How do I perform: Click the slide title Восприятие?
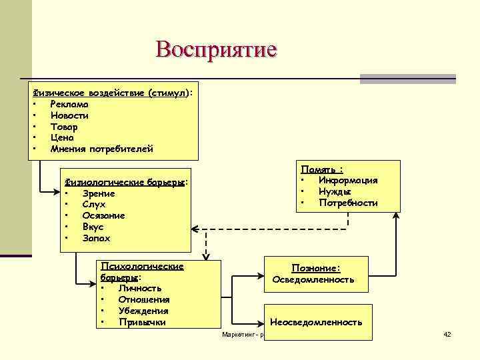[x=215, y=49]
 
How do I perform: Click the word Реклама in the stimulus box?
[x=69, y=104]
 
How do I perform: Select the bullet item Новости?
[x=69, y=115]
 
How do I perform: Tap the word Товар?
[x=64, y=127]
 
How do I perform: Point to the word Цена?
[x=62, y=137]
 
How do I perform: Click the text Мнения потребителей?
[x=101, y=149]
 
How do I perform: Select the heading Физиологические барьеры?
[x=124, y=182]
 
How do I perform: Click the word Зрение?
[x=98, y=193]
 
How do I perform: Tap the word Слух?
[x=94, y=205]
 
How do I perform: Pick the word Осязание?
[x=103, y=215]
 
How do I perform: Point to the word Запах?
[x=96, y=238]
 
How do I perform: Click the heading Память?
[x=326, y=169]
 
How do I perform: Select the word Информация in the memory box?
[x=348, y=180]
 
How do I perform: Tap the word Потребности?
[x=348, y=203]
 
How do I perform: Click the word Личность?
[x=140, y=289]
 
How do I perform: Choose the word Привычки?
[x=142, y=322]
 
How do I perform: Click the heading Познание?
[x=316, y=268]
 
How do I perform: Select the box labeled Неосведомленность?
[x=316, y=322]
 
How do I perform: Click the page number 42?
[x=447, y=333]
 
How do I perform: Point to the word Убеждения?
[x=143, y=311]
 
